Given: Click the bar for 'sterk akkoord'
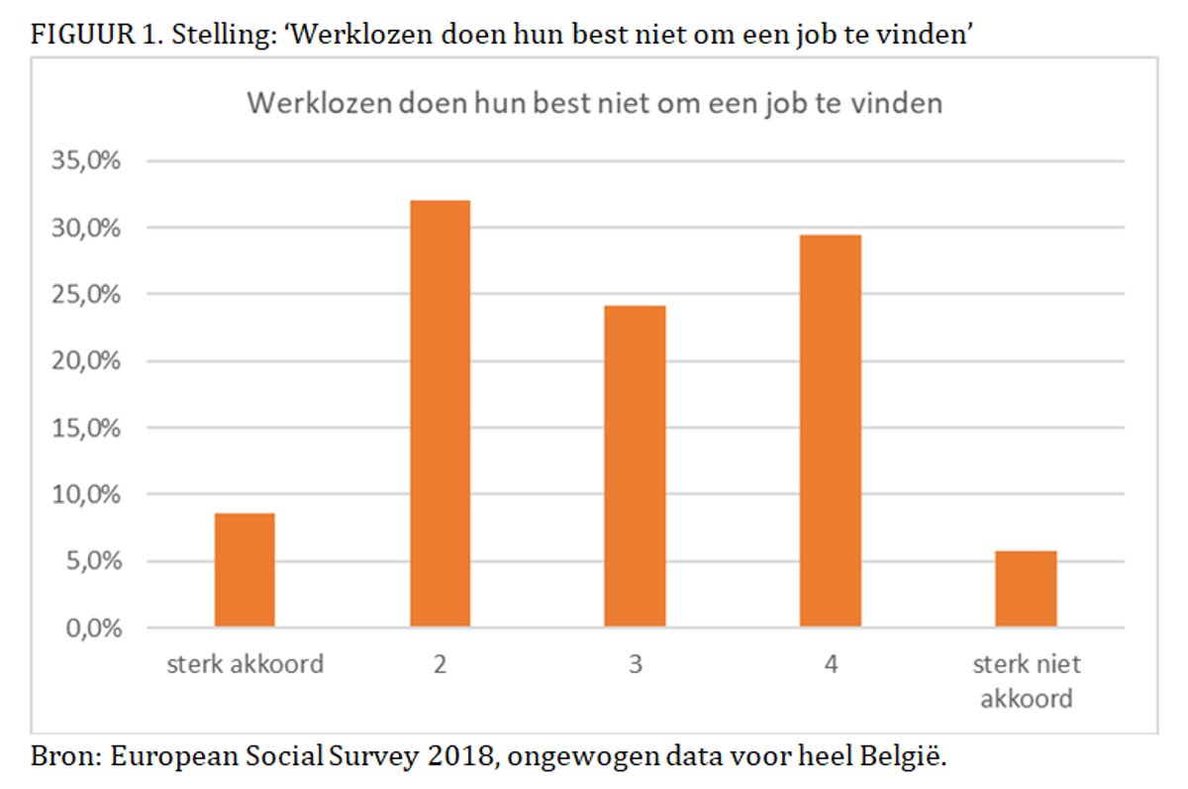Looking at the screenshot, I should [x=245, y=570].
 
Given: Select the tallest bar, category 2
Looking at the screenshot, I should [x=440, y=414].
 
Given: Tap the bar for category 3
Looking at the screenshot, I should [x=636, y=466].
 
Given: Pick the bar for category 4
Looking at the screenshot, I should [x=831, y=431].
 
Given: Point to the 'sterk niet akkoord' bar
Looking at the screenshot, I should [x=1027, y=589].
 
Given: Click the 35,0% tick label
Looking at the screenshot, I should [x=86, y=161].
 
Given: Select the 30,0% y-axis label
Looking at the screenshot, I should [x=86, y=228].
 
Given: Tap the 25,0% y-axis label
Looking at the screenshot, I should [x=86, y=295].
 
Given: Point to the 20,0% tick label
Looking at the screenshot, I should [x=86, y=361].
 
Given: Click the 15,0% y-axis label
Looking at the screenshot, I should [x=86, y=429].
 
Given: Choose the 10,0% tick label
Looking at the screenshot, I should [x=86, y=495].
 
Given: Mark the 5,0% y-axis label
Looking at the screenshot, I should [x=91, y=561].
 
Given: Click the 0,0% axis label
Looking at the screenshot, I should [x=91, y=629].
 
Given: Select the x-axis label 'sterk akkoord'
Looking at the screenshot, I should [x=244, y=663].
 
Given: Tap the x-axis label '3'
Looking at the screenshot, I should [x=636, y=664].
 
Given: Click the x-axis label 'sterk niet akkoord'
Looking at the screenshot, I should [x=1027, y=680].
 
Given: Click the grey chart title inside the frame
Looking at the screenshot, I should [x=594, y=104].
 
